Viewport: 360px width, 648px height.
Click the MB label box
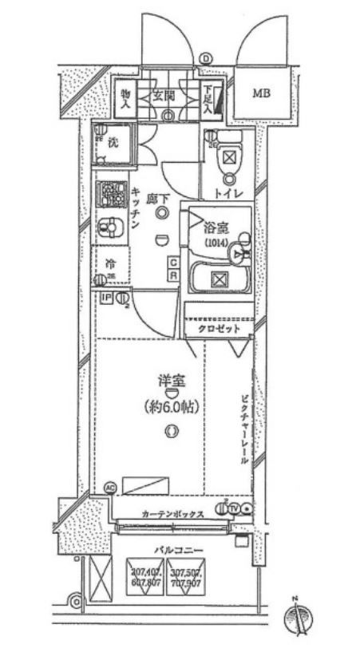[x=262, y=94]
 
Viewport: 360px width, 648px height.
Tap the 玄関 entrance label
[x=165, y=93]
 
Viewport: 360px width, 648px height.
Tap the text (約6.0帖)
[x=171, y=405]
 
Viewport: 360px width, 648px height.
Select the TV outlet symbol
[x=234, y=508]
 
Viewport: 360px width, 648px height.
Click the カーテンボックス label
[x=172, y=514]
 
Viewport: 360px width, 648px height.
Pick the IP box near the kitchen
[x=105, y=298]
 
